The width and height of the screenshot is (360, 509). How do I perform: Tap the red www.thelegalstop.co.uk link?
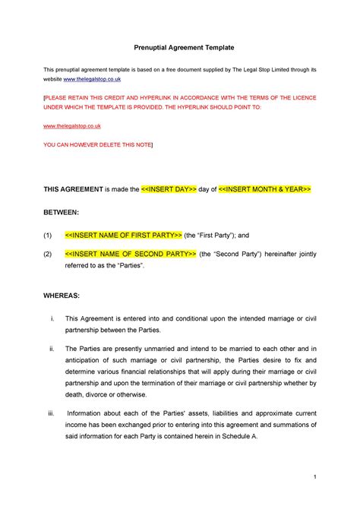tap(73, 125)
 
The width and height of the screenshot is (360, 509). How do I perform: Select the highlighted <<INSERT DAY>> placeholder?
tap(169, 188)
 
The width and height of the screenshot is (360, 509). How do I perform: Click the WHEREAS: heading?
tap(62, 294)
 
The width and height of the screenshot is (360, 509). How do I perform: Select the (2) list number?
tap(47, 253)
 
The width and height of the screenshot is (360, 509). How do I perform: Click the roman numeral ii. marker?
tap(50, 348)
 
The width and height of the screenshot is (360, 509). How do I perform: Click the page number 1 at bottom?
tap(314, 477)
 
